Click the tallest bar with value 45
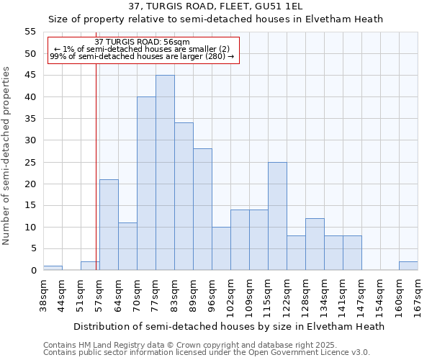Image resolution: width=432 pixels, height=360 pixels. [x=165, y=173]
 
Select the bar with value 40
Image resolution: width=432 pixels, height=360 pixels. [x=146, y=184]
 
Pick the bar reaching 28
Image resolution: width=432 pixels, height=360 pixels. [x=202, y=210]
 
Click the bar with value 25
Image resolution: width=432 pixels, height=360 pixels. [x=277, y=216]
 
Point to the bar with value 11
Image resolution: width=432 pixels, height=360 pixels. [x=127, y=246]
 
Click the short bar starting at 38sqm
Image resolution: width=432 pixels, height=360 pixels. [x=53, y=268]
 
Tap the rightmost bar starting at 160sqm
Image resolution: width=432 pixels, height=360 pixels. [x=408, y=266]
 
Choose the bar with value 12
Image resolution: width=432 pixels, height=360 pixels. [x=315, y=244]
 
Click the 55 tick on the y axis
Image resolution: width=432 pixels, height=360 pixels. [x=30, y=32]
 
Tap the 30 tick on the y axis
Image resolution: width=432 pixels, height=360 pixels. [x=30, y=140]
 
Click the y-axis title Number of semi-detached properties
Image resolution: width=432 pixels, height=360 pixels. [x=7, y=156]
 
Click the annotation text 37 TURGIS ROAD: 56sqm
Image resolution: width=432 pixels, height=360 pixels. [x=142, y=42]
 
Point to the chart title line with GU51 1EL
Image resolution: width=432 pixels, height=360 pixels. [x=216, y=6]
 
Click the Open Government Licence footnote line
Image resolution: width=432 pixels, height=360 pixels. [x=206, y=352]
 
